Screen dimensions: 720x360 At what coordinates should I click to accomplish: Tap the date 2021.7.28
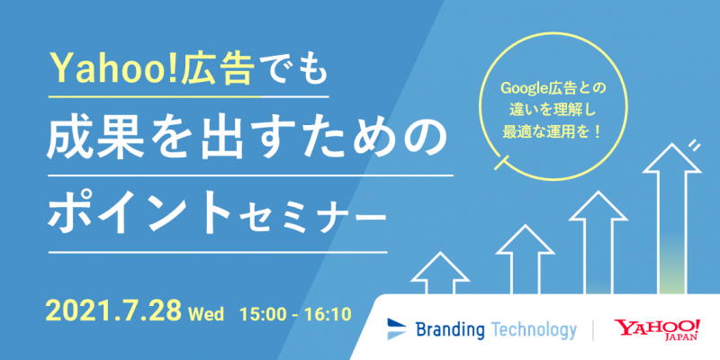114,311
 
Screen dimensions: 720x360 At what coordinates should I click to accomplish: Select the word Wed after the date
206,314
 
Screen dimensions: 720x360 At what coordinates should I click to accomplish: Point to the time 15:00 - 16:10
295,314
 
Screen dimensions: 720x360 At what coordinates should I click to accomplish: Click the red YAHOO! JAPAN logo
658,330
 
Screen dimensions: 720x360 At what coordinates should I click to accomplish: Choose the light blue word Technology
533,329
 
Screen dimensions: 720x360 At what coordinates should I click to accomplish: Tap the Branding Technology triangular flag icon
397,328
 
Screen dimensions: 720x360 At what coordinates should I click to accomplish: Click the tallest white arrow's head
671,158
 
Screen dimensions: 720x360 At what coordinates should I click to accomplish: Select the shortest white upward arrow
440,273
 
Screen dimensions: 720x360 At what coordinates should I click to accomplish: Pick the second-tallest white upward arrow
598,242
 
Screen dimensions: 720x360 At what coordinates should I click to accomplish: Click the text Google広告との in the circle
553,87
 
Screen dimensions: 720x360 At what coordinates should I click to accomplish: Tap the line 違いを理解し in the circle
553,109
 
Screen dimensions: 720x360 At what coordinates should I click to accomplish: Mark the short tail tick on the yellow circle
501,163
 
